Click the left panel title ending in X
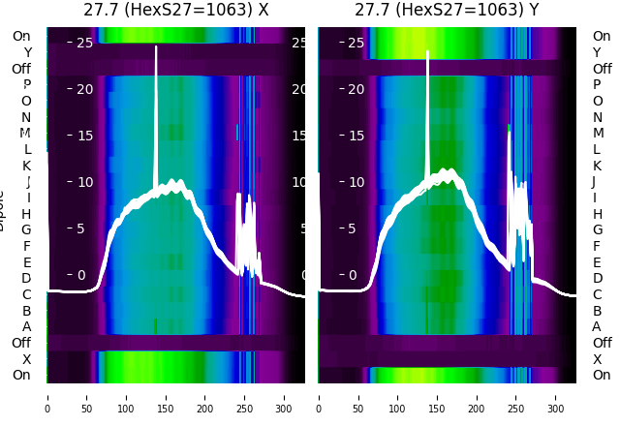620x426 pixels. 175,11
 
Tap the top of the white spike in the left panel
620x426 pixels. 156,47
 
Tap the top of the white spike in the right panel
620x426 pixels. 427,52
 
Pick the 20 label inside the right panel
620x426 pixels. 354,89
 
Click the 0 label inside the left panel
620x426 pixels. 81,275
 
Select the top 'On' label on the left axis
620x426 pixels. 21,36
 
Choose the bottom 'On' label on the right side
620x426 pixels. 602,375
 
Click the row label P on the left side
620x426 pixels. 26,84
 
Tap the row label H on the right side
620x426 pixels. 597,214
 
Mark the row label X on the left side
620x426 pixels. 26,359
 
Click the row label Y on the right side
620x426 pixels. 597,52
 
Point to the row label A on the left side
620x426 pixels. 26,326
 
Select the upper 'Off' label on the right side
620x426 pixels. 602,69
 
